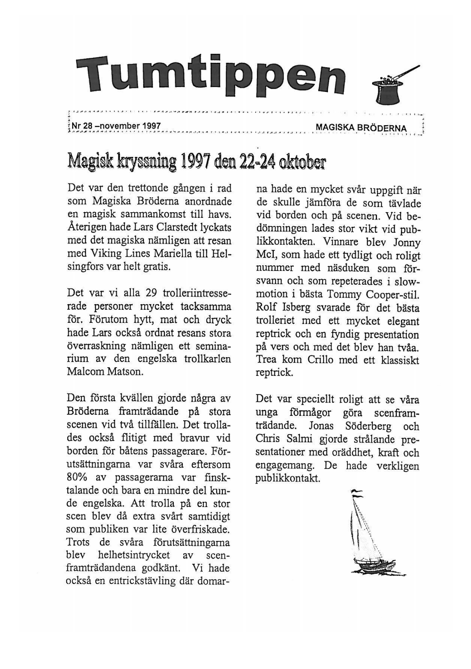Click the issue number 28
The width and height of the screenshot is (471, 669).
click(x=88, y=125)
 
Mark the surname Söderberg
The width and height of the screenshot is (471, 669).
click(x=368, y=426)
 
